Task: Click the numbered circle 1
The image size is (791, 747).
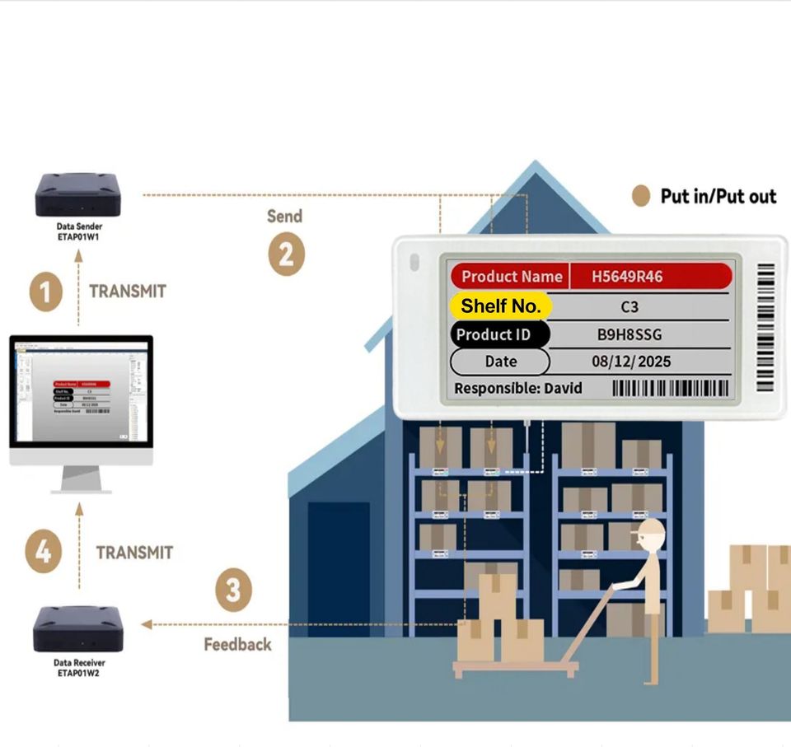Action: pyautogui.click(x=46, y=292)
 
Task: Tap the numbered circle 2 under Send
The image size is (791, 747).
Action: pyautogui.click(x=285, y=254)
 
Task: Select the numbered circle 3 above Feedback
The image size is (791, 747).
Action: pyautogui.click(x=234, y=591)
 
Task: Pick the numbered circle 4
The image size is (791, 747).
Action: pyautogui.click(x=43, y=551)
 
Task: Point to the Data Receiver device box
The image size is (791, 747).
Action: pyautogui.click(x=78, y=628)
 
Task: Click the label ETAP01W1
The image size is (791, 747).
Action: pyautogui.click(x=79, y=236)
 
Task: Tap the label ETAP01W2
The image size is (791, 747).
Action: pyautogui.click(x=79, y=673)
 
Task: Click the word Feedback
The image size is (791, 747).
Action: pyautogui.click(x=237, y=644)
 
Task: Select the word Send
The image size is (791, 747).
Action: pyautogui.click(x=284, y=217)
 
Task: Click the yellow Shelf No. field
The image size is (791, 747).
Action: pyautogui.click(x=500, y=306)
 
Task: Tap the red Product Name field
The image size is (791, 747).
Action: pyautogui.click(x=511, y=277)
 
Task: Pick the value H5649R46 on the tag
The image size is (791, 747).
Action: pyautogui.click(x=626, y=277)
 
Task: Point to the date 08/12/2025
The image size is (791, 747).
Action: pyautogui.click(x=631, y=362)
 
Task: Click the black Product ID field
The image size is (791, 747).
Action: pyautogui.click(x=500, y=334)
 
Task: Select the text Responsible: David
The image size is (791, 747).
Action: pyautogui.click(x=518, y=388)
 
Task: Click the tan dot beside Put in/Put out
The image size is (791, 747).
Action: pyautogui.click(x=640, y=196)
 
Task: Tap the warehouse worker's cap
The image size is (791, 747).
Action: pyautogui.click(x=648, y=527)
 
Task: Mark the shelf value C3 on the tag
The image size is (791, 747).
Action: pyautogui.click(x=630, y=306)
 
